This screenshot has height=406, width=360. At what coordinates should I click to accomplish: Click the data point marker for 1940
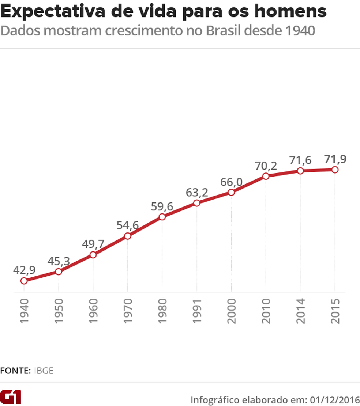pos(24,281)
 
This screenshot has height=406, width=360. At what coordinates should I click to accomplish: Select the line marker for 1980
pos(162,217)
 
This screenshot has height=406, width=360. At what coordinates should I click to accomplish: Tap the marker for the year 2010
pos(266,176)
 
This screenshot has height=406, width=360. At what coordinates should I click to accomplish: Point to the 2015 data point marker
pos(334,170)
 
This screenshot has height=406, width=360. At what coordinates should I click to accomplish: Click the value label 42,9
pos(24,270)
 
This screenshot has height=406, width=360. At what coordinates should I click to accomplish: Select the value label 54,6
pos(128,225)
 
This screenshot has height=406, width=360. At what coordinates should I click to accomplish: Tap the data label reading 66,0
pos(231,182)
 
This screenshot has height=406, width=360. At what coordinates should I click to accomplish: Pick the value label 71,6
pos(300,160)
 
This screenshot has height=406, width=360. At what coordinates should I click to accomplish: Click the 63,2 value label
pos(197,192)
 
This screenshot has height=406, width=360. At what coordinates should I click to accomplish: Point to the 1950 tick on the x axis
pos(59,311)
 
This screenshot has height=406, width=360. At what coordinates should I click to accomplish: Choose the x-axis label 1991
pos(197,311)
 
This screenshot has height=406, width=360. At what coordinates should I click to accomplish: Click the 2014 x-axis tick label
pos(300,311)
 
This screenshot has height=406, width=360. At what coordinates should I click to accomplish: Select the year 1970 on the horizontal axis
pos(128,311)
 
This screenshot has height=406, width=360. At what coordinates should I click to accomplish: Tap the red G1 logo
pos(11,396)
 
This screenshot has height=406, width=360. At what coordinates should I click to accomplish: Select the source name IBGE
pos(44,371)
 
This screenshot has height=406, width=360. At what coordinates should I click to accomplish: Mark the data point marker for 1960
pos(93,255)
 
